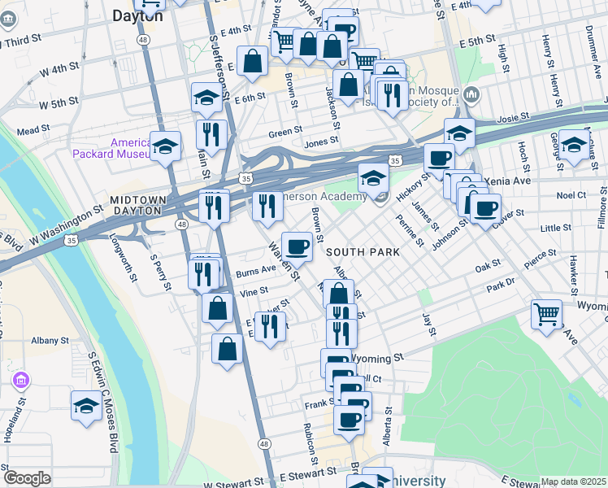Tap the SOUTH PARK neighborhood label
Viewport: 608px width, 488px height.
coord(363,252)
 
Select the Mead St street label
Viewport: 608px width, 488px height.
coord(33,130)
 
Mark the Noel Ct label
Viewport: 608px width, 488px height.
coord(572,195)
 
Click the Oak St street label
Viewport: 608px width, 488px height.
coord(488,265)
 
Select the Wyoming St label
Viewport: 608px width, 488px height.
coord(381,357)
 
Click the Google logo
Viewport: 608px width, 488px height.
coord(26,478)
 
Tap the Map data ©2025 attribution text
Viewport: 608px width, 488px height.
coord(574,481)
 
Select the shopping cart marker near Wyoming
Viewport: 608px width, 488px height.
coord(546,312)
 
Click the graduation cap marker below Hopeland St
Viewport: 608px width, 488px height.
coord(86,404)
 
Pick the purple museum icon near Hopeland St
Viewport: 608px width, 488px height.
coord(21,381)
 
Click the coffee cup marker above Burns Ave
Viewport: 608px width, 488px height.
coord(297,246)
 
